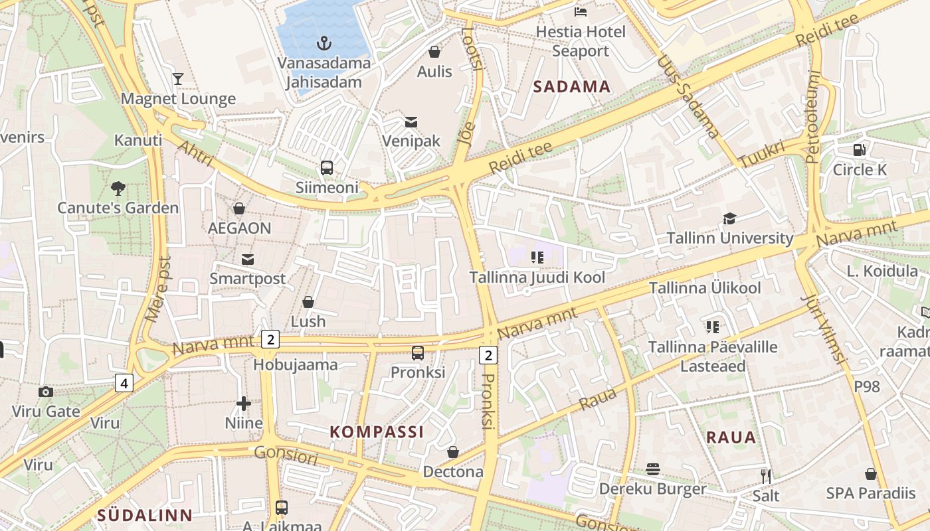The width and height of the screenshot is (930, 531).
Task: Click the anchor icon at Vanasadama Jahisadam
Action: (x=324, y=44)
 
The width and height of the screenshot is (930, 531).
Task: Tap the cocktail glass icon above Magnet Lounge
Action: (x=177, y=79)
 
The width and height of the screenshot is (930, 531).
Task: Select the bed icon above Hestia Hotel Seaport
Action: (x=580, y=12)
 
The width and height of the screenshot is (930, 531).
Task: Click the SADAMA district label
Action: (x=571, y=86)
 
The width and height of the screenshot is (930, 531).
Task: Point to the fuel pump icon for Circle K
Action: (x=859, y=150)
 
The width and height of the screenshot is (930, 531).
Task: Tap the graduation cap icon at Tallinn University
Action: (x=729, y=218)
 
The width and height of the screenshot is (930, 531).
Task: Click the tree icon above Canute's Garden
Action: (x=118, y=189)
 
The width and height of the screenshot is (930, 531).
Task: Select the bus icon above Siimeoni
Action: (x=326, y=168)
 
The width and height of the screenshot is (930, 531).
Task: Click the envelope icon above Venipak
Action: (x=411, y=122)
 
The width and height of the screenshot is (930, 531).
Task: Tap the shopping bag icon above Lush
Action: (x=308, y=302)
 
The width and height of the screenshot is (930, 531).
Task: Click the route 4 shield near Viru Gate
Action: (x=124, y=382)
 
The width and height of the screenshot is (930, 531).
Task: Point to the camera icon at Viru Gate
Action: (x=46, y=392)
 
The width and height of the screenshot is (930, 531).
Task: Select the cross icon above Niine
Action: (x=244, y=403)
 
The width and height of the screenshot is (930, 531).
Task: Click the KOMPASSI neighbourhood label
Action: (x=377, y=432)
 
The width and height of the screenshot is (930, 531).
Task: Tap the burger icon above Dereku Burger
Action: (x=652, y=469)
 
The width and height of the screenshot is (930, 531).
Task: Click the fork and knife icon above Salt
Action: (x=766, y=476)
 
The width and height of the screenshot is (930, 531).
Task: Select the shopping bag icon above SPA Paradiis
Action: (x=870, y=474)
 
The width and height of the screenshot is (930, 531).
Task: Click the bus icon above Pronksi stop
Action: (x=417, y=353)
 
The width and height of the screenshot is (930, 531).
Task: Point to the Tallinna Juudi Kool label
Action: (x=537, y=277)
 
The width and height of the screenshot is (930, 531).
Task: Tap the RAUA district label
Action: (x=731, y=437)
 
